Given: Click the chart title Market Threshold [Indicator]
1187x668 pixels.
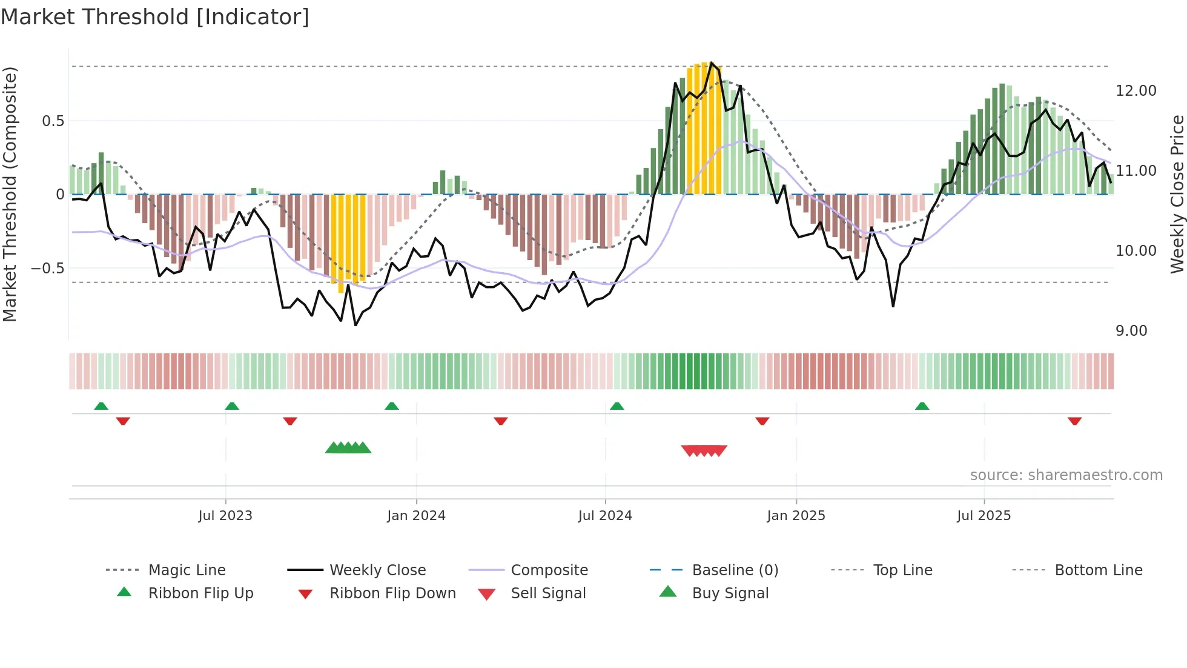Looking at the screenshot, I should tap(155, 17).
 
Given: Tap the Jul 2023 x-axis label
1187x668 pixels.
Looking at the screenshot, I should tap(225, 516).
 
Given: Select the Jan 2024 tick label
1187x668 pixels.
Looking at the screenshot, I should tap(416, 516).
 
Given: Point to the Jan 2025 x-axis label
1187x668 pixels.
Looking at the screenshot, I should tap(796, 516).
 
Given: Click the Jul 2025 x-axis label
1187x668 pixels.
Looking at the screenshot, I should tap(984, 516).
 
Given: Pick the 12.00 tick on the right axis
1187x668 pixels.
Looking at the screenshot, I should tap(1136, 91).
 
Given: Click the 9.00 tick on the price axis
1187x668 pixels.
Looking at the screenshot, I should tap(1131, 331).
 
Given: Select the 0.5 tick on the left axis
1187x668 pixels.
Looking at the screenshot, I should tap(53, 121).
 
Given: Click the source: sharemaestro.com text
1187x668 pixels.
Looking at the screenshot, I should tap(1066, 475).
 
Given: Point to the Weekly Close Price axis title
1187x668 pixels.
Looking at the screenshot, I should tap(1177, 194).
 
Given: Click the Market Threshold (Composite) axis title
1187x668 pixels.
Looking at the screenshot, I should tap(10, 194).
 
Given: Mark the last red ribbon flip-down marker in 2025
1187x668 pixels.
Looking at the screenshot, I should tap(1074, 421).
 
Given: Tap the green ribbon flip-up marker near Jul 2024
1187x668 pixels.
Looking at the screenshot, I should tap(617, 406).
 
